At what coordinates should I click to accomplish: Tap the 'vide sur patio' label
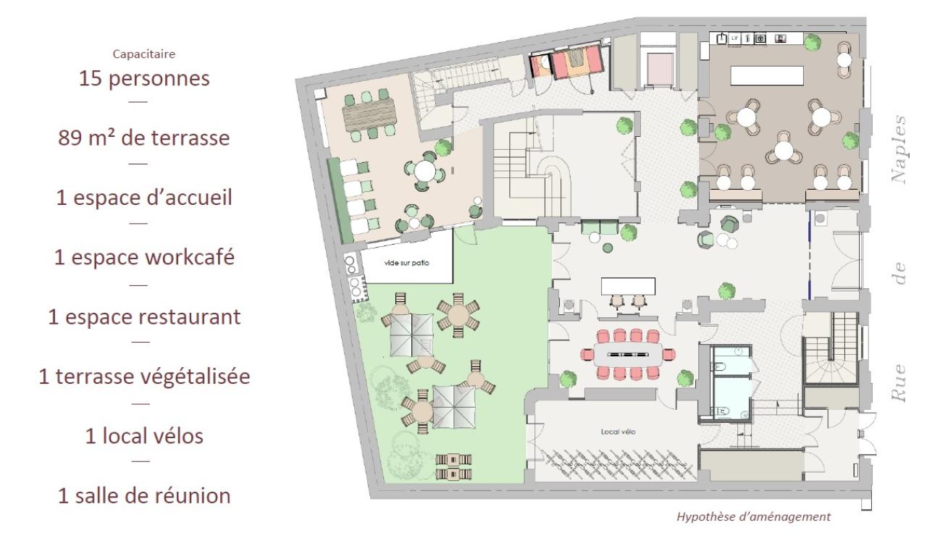tap(407, 263)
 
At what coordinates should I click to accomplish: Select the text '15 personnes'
tap(144, 77)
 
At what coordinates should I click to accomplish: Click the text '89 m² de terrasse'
tap(144, 138)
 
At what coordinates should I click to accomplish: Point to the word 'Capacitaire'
tap(144, 54)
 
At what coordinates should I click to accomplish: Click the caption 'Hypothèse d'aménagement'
tap(753, 517)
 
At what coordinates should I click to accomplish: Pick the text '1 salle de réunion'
tap(144, 496)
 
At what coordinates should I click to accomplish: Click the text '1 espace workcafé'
tap(144, 257)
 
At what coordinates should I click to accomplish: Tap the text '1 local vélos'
tap(144, 437)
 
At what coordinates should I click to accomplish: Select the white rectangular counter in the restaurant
tap(766, 76)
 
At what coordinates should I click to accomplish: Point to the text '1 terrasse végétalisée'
tap(144, 377)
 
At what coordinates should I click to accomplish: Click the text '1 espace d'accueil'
tap(144, 198)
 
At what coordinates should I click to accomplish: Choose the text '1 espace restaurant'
tap(144, 317)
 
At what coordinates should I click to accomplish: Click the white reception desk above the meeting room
tap(627, 286)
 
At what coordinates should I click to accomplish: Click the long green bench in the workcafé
tap(335, 196)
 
